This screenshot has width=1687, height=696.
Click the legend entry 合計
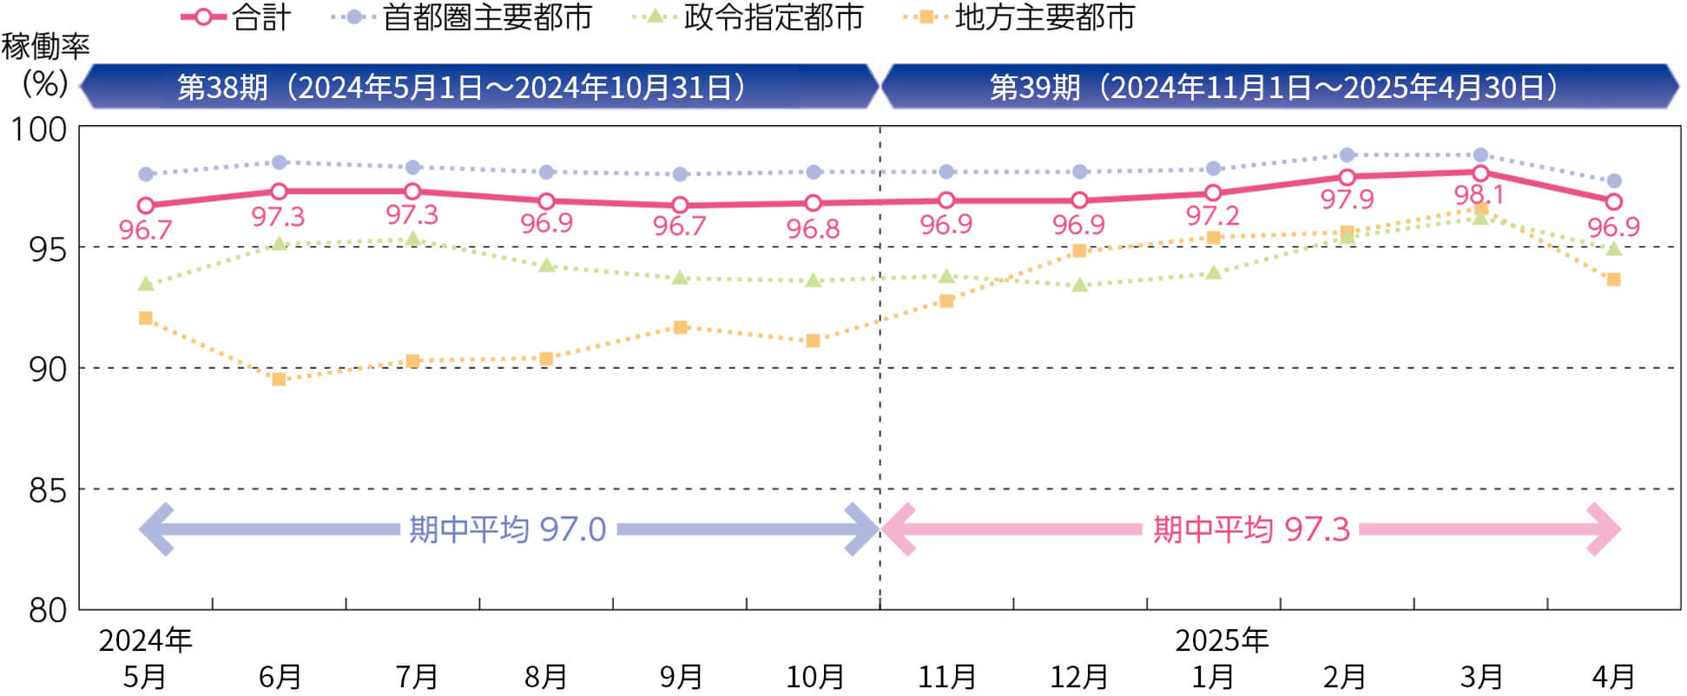[x=235, y=17]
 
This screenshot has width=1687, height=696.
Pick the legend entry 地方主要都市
[x=1019, y=17]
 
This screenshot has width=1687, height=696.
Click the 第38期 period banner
[x=461, y=88]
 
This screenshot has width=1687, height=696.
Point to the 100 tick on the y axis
[x=39, y=129]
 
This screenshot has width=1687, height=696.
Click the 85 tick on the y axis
[x=48, y=491]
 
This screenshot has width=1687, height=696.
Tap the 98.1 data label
[x=1479, y=195]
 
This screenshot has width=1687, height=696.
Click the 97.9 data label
[x=1347, y=200]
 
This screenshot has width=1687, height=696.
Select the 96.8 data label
[x=813, y=229]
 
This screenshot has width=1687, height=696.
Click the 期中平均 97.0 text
[x=507, y=529]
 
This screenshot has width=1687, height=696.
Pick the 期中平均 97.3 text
[x=1251, y=529]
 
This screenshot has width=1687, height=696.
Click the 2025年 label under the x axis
[x=1222, y=640]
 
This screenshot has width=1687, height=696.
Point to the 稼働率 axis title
[x=45, y=46]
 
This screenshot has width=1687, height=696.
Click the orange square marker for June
[x=279, y=379]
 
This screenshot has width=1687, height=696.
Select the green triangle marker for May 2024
[x=146, y=284]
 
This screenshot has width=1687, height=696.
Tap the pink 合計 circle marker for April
[x=1613, y=202]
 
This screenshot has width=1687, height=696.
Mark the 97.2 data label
[x=1212, y=215]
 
